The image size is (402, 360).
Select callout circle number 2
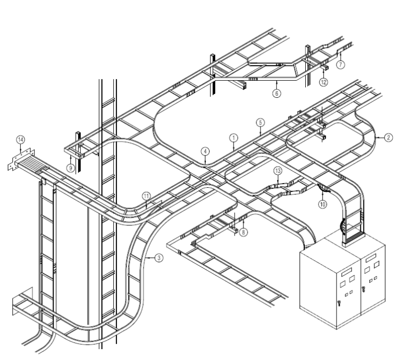click(388, 138)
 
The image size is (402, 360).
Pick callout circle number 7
click(341, 65)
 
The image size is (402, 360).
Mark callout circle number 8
click(244, 233)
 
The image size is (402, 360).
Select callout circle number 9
click(71, 167)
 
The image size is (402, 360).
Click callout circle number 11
click(147, 195)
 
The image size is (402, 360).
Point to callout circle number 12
click(324, 82)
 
